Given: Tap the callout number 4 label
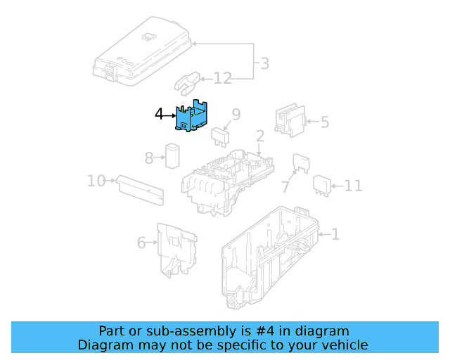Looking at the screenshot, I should pos(159,113).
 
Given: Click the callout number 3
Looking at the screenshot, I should pos(264,64).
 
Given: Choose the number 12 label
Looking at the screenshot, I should pos(222,78).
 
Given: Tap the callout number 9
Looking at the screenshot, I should pos(236,114).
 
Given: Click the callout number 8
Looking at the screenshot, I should pos(148,158).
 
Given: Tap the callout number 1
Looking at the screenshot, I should pos(335,234).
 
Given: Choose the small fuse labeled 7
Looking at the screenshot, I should pos(301,165).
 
